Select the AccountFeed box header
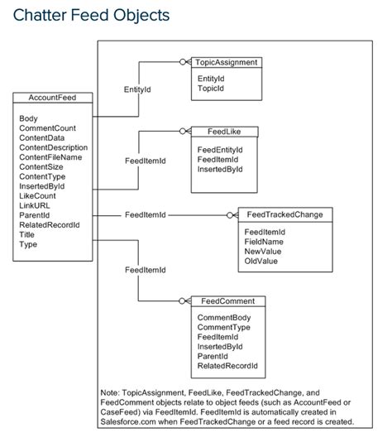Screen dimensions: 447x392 coord(52,98)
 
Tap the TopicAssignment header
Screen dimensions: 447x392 coord(226,62)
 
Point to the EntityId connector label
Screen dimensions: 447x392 coord(136,87)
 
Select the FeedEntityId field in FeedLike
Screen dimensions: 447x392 coord(221,149)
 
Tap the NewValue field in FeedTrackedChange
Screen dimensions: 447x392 coord(264,251)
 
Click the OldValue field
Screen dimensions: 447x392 coord(261,261)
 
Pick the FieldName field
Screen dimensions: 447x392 coord(265,241)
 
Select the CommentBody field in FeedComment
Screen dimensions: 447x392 coord(223,316)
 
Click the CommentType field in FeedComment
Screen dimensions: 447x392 coord(223,326)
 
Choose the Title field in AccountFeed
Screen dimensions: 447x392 coord(27,234)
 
